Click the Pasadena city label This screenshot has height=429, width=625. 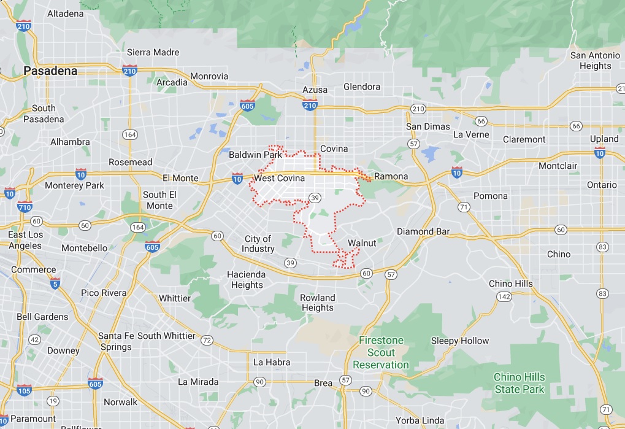point(50,71)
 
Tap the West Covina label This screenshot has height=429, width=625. point(279,179)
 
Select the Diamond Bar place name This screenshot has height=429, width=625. point(423,231)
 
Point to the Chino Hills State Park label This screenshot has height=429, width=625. point(520,383)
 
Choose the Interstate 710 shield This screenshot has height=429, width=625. point(25,206)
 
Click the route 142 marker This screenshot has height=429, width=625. point(504,296)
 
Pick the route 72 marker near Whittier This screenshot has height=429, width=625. point(207,340)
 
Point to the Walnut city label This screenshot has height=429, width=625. point(362,243)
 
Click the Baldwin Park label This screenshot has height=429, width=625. point(255,155)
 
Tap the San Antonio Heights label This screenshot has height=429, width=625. point(595,60)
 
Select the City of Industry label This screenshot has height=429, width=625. point(258,244)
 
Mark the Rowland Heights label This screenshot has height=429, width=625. point(318,303)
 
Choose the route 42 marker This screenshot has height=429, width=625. point(34,339)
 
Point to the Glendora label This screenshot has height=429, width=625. point(362,87)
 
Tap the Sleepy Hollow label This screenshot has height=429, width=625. point(460,341)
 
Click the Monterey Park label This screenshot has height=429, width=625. point(75,185)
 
